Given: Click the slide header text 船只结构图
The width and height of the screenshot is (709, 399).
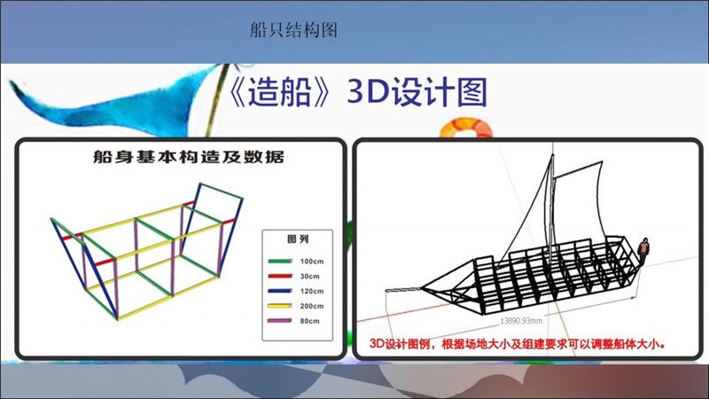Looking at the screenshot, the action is click(x=293, y=30).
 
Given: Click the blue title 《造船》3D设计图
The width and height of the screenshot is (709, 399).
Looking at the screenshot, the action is click(x=358, y=92).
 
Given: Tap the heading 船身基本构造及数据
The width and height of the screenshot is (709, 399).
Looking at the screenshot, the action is click(x=189, y=157).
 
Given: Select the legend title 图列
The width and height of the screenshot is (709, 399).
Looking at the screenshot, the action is click(x=298, y=239).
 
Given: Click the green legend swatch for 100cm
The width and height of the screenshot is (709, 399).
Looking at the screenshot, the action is click(x=280, y=261).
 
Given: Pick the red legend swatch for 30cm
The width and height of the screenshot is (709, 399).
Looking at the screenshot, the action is click(x=280, y=276).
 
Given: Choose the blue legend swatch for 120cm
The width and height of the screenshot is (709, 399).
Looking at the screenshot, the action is click(x=280, y=291).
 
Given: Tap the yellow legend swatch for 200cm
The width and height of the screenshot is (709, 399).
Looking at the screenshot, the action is click(x=280, y=306).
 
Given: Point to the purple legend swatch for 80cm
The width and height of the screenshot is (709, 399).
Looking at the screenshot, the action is click(x=280, y=321).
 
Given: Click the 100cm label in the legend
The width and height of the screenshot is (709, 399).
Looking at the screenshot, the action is click(x=312, y=261).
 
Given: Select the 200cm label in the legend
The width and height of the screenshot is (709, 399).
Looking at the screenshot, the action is click(x=312, y=306).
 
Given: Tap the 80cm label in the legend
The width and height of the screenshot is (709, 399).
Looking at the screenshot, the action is click(x=309, y=321).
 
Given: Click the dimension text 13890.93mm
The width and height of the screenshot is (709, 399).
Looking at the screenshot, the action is click(x=521, y=321).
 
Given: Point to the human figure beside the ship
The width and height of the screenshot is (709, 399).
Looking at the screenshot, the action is click(x=643, y=251).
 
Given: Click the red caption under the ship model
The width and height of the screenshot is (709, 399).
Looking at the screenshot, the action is click(x=518, y=344).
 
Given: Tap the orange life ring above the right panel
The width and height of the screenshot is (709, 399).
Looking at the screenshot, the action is click(x=467, y=128).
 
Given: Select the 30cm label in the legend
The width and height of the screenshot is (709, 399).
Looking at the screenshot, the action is click(x=309, y=276).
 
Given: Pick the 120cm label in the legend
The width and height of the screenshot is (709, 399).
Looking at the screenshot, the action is click(x=312, y=291).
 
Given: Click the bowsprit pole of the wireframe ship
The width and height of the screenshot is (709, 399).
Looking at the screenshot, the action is click(x=403, y=290).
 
